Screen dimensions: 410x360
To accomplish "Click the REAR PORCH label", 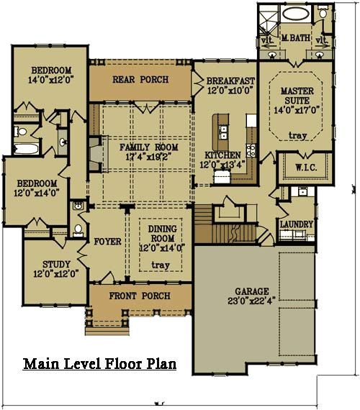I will (x=140, y=79).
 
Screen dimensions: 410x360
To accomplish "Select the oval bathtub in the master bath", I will (x=293, y=14).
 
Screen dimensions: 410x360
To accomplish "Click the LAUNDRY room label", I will (x=297, y=224).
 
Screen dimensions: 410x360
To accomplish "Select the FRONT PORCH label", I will (x=140, y=296).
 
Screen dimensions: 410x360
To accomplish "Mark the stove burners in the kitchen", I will (x=251, y=150).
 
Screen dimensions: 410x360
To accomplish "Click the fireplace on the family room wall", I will (x=93, y=153).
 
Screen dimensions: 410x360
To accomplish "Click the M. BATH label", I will (x=294, y=37).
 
